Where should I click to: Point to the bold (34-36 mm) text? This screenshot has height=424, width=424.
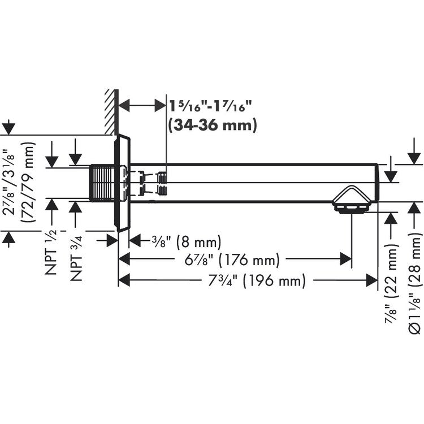(x=213, y=124)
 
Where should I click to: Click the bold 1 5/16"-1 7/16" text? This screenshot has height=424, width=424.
(x=210, y=106)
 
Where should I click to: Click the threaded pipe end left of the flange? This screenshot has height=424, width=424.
(x=103, y=183)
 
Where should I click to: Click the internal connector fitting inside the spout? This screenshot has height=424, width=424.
(x=162, y=183)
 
